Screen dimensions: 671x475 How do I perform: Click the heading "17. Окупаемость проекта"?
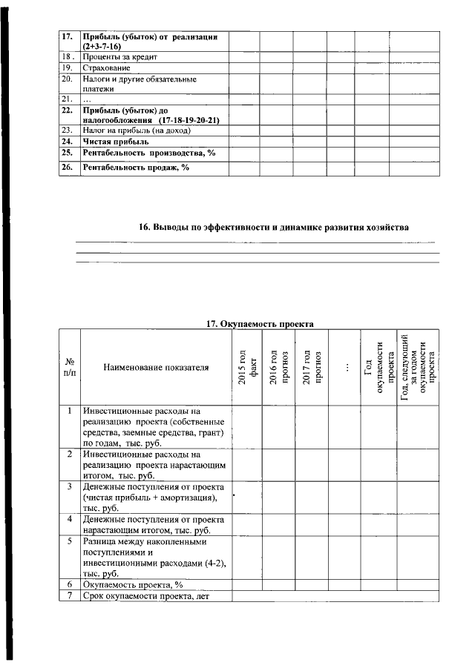(x=259, y=323)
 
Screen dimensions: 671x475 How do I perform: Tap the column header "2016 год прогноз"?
(x=278, y=366)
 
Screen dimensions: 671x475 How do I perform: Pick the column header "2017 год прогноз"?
(x=311, y=366)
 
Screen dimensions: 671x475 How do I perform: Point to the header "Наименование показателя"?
(x=156, y=367)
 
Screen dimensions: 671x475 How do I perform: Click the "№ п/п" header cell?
(x=69, y=367)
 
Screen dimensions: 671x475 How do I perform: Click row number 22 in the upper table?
(x=66, y=110)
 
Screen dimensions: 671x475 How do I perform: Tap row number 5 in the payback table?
(x=69, y=541)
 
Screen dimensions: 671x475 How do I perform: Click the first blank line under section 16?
(x=256, y=242)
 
